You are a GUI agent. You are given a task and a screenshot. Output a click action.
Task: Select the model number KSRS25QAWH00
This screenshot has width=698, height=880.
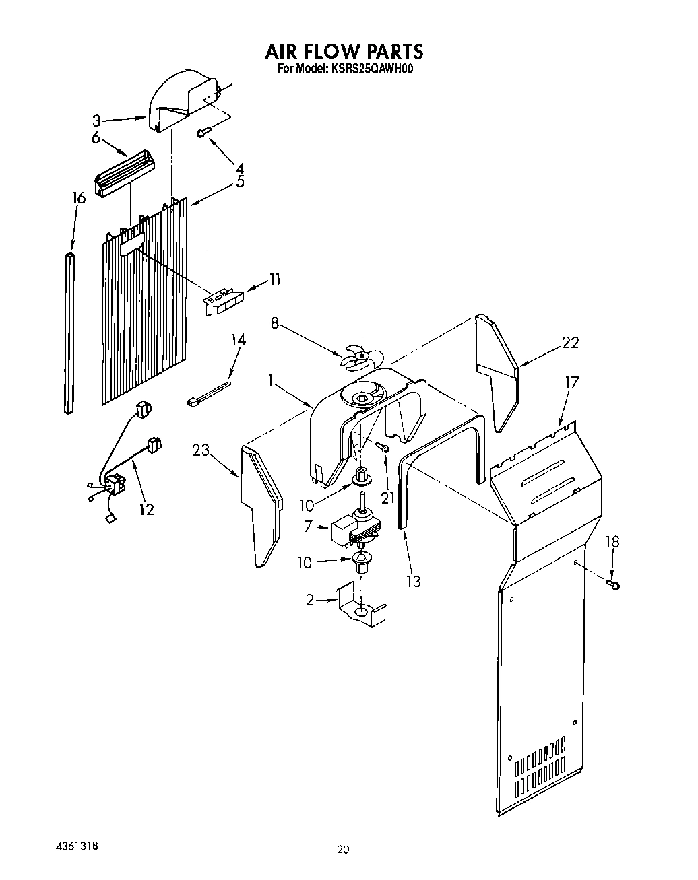coord(371,69)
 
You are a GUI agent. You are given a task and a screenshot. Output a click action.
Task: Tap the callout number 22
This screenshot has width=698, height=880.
coord(570,343)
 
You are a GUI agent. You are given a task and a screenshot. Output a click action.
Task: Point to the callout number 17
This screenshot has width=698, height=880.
coord(571,383)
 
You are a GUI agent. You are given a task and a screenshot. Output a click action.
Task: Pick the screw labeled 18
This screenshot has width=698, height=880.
coord(613,584)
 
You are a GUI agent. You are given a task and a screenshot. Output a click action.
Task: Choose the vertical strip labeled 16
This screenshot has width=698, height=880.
coord(69,333)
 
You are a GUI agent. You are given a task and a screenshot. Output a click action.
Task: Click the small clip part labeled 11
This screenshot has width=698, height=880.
coord(222,298)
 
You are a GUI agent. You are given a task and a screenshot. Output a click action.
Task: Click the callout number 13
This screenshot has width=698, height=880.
coord(413,580)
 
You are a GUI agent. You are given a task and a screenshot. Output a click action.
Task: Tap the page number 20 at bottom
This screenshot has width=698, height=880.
coord(344,850)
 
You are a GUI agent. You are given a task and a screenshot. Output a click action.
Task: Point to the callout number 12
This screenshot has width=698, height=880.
coord(146,509)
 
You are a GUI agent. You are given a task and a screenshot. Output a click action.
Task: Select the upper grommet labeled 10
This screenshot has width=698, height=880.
coord(362,477)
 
